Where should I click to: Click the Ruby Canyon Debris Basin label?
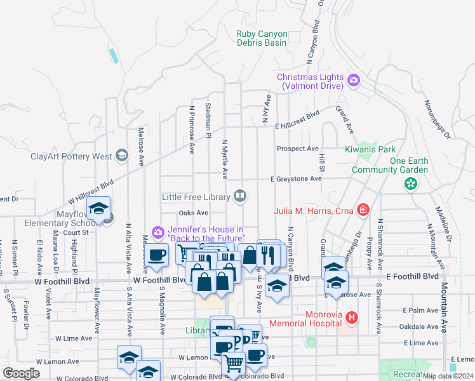[x=262, y=39]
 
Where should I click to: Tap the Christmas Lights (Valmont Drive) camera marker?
[x=354, y=81]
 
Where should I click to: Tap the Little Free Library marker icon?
[x=240, y=196]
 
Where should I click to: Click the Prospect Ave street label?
[x=297, y=149]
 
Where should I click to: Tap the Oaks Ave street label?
[x=194, y=213]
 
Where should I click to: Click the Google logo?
[x=21, y=373]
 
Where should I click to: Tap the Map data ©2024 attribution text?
[x=447, y=376]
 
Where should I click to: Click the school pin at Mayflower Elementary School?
[x=99, y=210]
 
